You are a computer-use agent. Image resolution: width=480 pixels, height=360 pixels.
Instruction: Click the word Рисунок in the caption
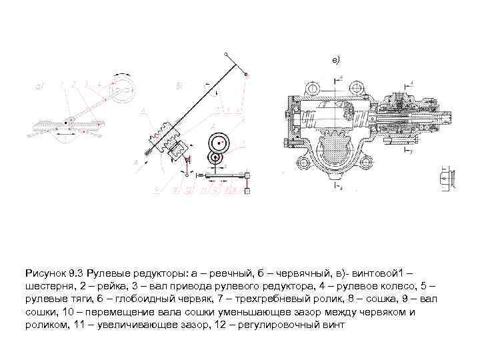46,273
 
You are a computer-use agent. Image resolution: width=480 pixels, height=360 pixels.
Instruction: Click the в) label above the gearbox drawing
336,60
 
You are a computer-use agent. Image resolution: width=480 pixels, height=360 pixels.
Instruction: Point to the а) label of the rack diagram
39,87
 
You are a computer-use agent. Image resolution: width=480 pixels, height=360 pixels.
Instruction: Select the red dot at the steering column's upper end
247,75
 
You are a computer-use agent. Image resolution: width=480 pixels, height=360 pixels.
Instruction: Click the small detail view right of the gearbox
445,178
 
